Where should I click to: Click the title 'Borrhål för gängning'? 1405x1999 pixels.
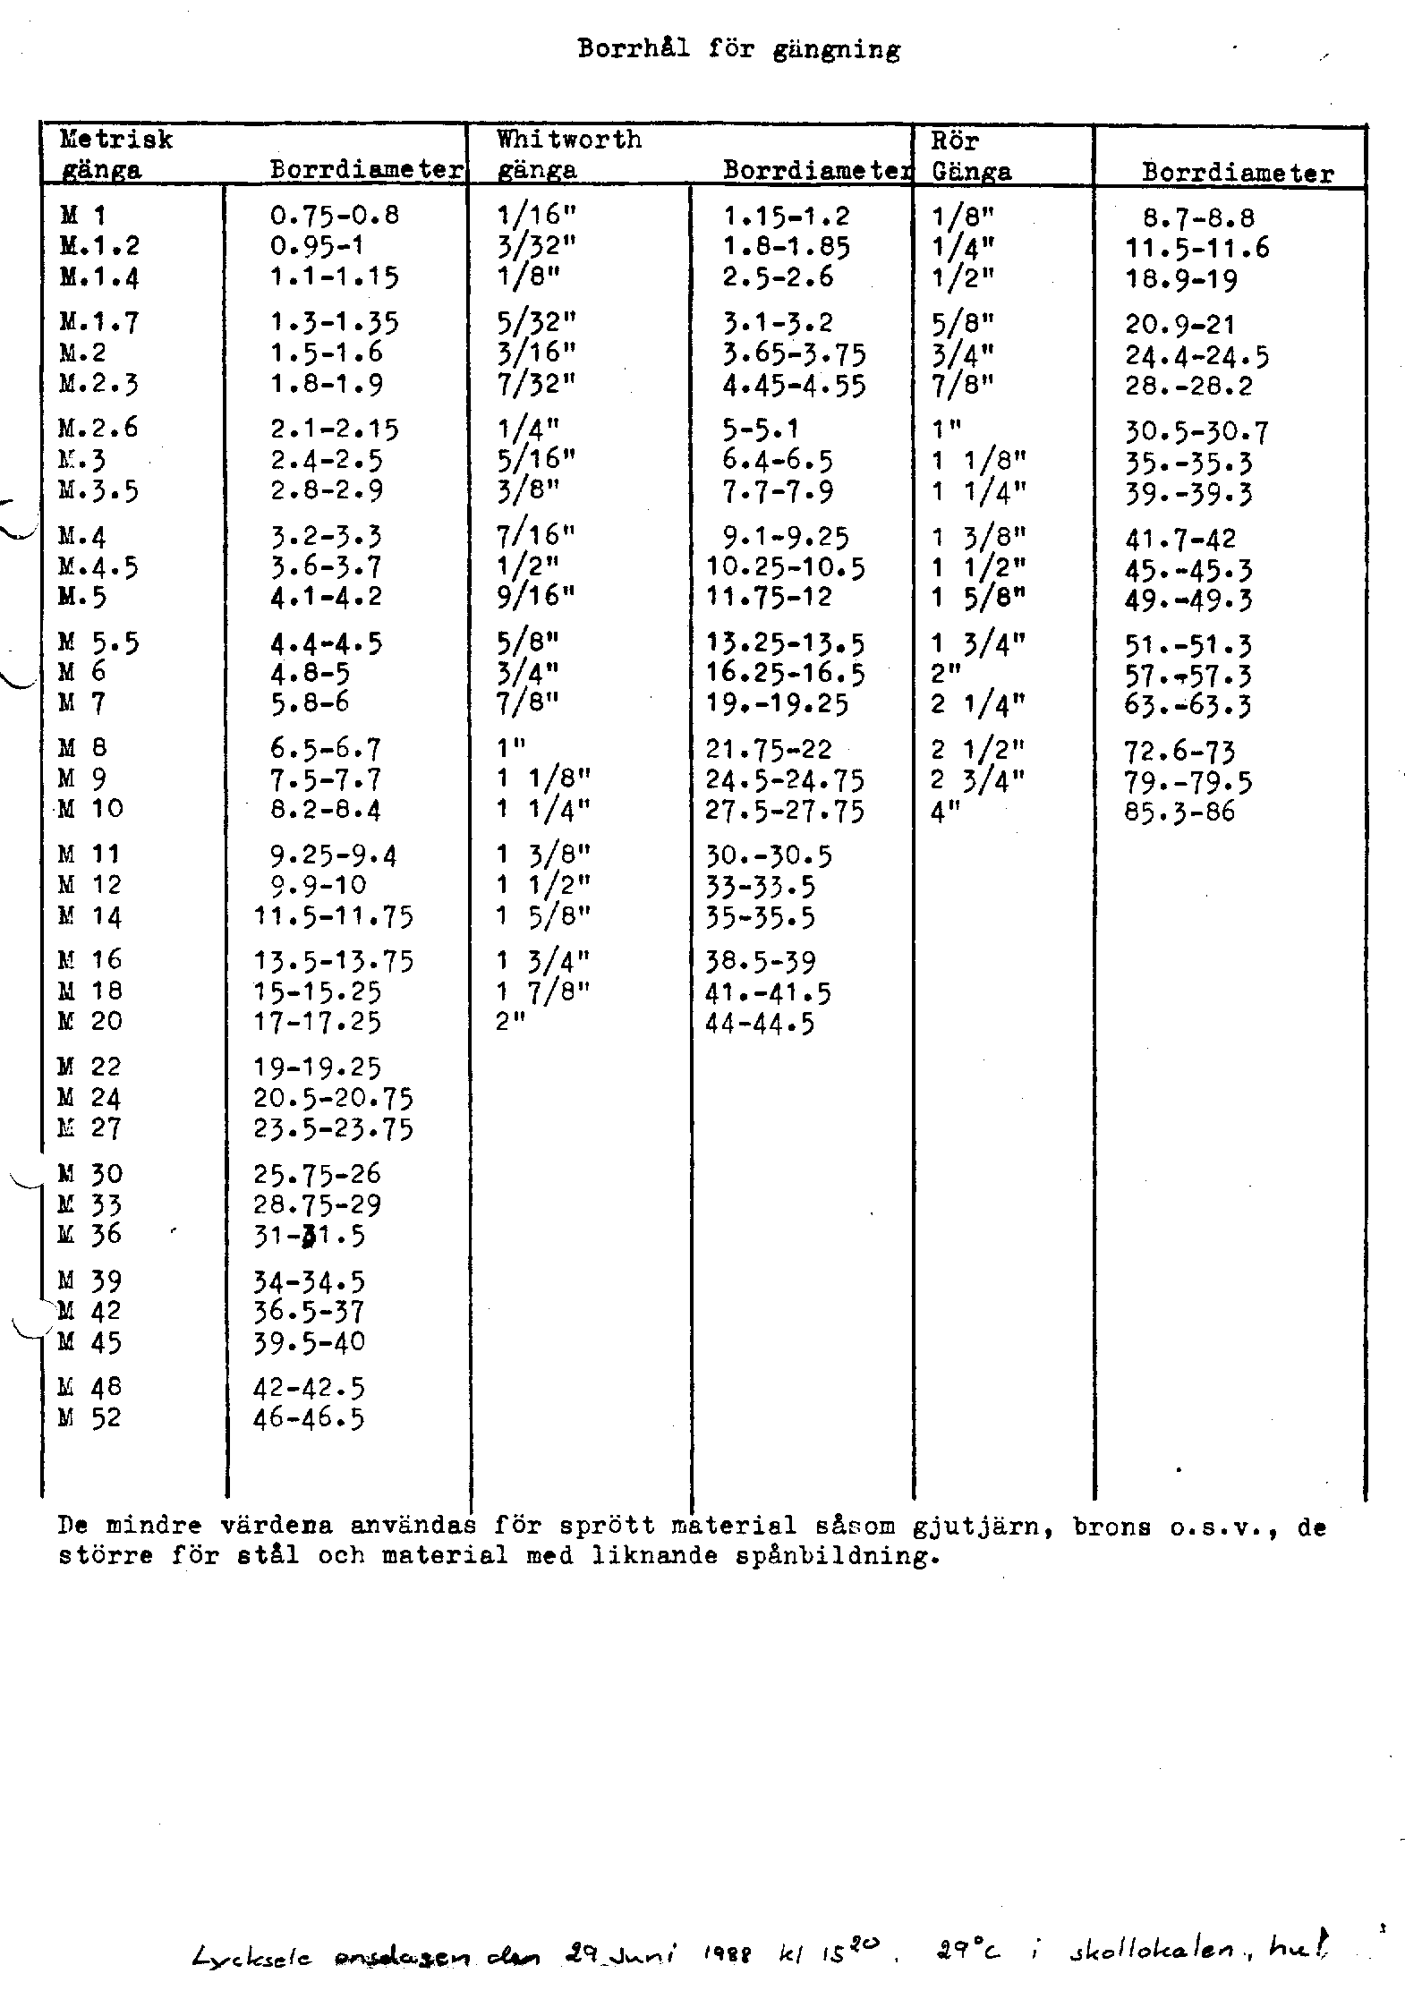(x=738, y=49)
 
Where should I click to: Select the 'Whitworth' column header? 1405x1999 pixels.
(x=569, y=140)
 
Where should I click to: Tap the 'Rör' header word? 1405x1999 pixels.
(x=955, y=140)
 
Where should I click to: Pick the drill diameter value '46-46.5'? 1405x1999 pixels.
(x=309, y=1419)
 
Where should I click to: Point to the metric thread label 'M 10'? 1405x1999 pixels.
(x=91, y=809)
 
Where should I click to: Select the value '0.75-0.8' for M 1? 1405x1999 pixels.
(x=334, y=216)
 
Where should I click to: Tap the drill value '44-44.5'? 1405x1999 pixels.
(x=760, y=1024)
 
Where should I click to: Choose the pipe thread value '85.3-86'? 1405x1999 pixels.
(x=1179, y=812)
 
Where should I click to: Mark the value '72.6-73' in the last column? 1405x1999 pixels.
(x=1179, y=753)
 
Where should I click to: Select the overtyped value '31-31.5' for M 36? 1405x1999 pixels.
(x=309, y=1237)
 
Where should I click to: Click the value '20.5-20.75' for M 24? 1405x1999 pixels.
(x=333, y=1099)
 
